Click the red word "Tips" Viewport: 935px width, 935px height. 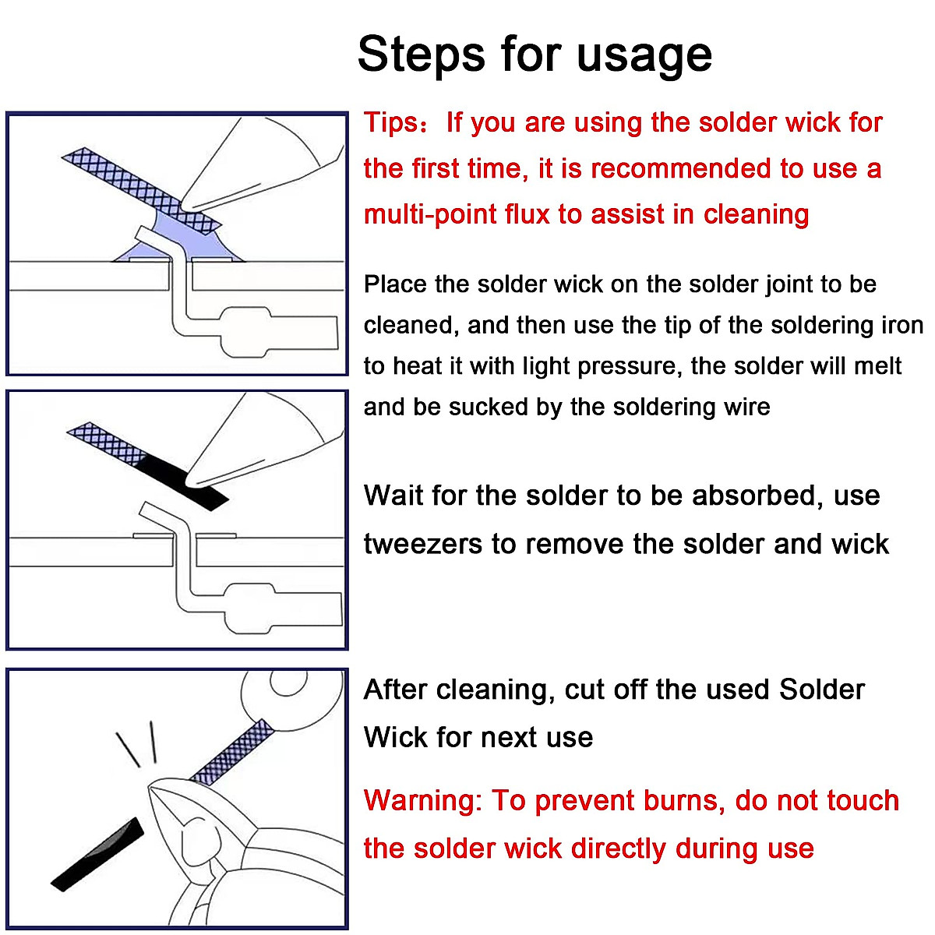391,123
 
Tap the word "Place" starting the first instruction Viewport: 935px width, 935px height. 396,284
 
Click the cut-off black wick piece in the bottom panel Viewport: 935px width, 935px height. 97,853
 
